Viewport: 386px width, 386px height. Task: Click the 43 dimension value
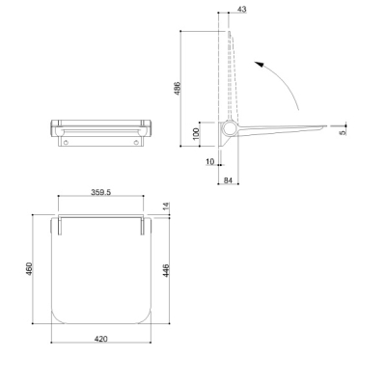point(241,10)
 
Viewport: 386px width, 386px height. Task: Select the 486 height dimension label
point(178,89)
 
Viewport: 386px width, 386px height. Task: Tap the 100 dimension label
point(196,134)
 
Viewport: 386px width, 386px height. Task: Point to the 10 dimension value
point(210,161)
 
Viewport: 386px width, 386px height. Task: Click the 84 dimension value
point(228,180)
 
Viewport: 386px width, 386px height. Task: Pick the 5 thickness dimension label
point(343,132)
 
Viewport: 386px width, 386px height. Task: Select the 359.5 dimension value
point(101,192)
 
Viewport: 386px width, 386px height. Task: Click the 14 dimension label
point(166,207)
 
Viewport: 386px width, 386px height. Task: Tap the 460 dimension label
point(29,269)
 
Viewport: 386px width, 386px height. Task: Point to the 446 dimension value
point(166,271)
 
